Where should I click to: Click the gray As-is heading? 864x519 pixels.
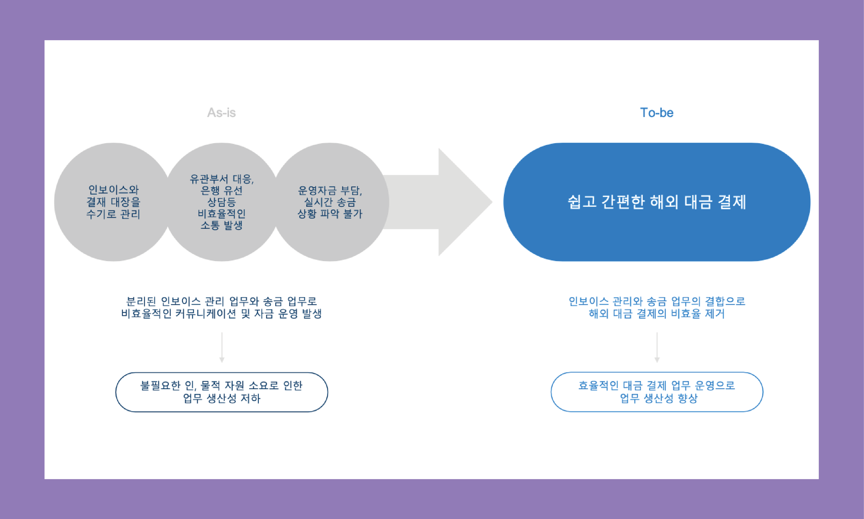[221, 113]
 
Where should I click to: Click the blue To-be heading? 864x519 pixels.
[657, 113]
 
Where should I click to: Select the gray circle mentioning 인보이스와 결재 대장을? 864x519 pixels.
[113, 202]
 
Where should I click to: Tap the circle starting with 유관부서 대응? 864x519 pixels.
[221, 202]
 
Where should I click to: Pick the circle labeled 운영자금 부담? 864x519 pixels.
[330, 202]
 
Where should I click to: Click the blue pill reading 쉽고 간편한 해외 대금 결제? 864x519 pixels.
[657, 202]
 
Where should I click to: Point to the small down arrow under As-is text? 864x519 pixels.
[222, 348]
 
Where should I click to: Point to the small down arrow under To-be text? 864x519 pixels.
[657, 348]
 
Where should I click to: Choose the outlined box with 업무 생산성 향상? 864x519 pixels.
[657, 392]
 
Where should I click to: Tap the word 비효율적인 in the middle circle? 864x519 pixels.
[221, 214]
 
